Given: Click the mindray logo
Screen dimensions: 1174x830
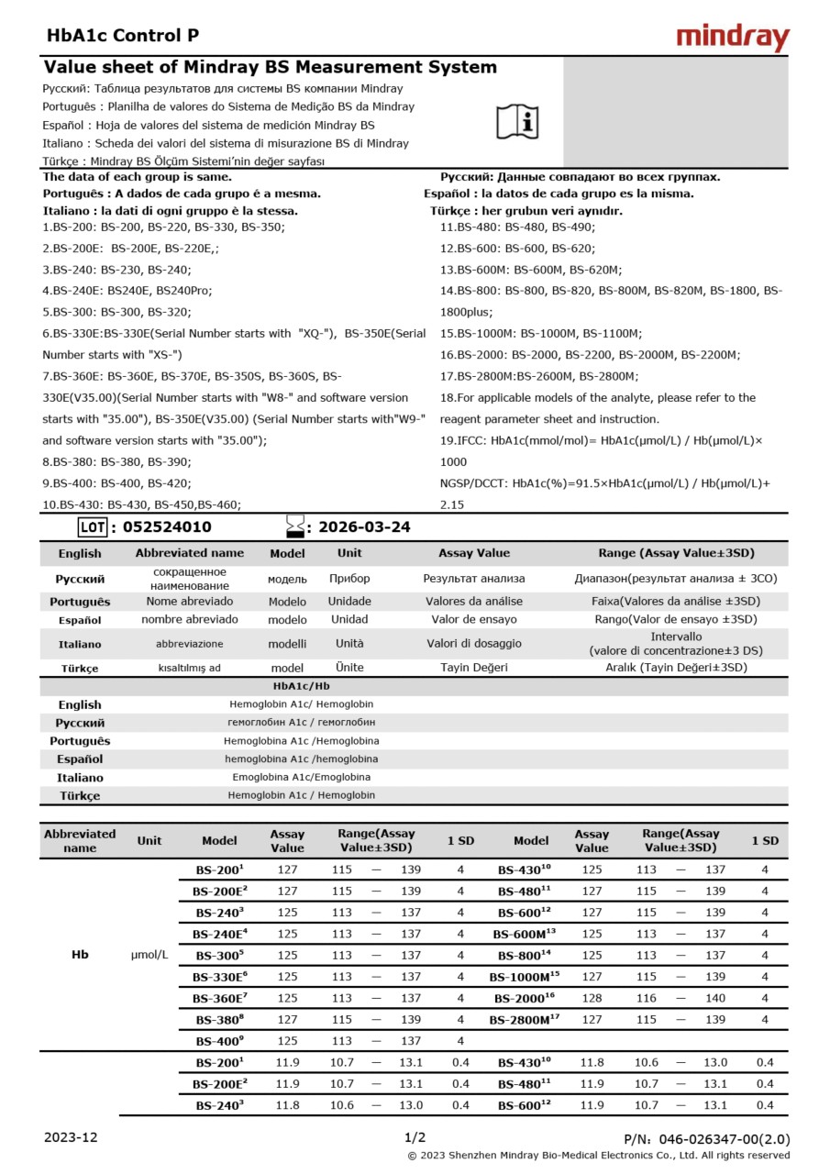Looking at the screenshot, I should (732, 37).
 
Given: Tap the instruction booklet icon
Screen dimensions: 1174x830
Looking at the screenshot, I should (518, 121).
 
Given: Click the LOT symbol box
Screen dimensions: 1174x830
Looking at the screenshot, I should (93, 526).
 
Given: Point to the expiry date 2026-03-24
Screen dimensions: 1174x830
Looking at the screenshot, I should (364, 526).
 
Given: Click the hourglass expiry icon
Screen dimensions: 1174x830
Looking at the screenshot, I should (294, 526).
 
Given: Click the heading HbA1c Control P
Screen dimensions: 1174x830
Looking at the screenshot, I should (122, 36).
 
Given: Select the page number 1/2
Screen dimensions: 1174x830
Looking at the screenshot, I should (415, 1137).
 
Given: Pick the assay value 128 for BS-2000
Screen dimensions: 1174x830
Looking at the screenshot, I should (592, 998).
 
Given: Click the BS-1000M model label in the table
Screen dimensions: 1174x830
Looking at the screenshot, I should (524, 977).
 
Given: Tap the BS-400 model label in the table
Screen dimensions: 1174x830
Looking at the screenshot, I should (219, 1041).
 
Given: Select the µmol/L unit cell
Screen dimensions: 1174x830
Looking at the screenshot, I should (149, 955).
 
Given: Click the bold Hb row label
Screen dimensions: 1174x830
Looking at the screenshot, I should (80, 955).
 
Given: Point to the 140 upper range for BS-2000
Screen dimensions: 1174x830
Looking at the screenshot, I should (714, 998).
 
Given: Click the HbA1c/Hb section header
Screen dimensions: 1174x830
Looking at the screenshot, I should (302, 685).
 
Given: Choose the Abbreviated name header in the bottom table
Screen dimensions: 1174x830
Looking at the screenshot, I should (80, 840).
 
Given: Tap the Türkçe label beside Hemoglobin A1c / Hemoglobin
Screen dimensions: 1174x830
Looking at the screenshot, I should (80, 795).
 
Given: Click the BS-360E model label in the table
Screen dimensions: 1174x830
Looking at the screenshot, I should (219, 998).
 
